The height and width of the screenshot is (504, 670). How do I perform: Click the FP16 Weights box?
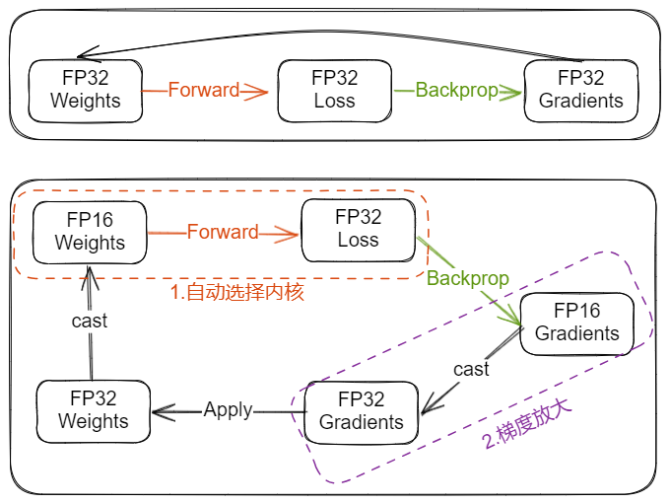(x=90, y=231)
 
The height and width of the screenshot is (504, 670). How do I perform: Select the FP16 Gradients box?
(x=577, y=322)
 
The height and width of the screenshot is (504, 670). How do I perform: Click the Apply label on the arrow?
(x=228, y=409)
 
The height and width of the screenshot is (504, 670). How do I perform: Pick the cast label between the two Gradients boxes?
(x=471, y=368)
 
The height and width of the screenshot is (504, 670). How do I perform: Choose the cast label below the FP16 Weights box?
(x=90, y=321)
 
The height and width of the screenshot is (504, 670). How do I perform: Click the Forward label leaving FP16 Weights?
(x=223, y=233)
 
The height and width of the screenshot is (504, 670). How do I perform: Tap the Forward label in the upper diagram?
(x=203, y=90)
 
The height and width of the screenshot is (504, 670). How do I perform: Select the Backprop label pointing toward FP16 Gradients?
(x=467, y=278)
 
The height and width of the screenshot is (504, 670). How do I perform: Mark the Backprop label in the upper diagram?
(x=456, y=90)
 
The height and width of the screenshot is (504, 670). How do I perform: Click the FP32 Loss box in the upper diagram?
(x=334, y=89)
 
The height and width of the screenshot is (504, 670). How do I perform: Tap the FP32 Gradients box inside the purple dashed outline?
(x=362, y=410)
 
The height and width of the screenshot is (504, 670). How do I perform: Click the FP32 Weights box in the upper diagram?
(x=85, y=89)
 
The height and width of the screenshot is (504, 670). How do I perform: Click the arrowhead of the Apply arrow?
(x=157, y=409)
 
